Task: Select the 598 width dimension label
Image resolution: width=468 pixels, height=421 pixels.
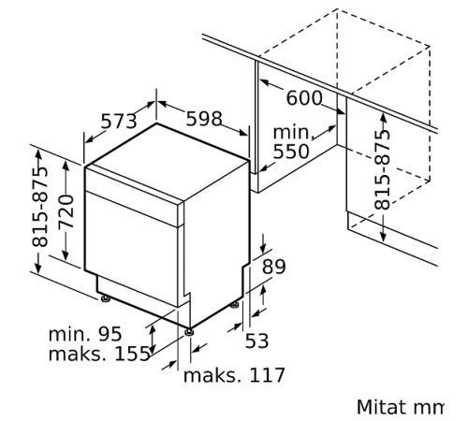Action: (204, 119)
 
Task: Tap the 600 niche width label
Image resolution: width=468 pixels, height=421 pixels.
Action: (304, 98)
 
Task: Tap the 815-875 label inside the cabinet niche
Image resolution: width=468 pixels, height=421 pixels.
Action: (382, 165)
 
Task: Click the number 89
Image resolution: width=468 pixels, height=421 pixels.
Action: (274, 267)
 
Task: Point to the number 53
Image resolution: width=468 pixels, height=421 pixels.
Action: (256, 342)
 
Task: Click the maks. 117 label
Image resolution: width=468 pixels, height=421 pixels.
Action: (233, 376)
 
